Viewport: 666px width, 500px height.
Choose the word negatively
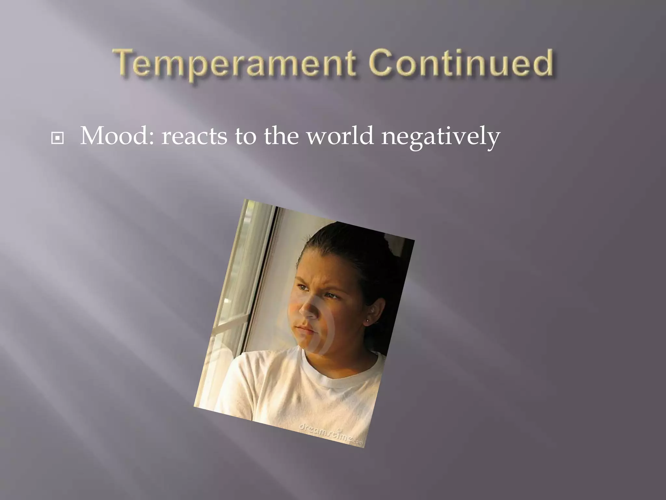[441, 137]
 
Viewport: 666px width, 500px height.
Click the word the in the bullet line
[281, 136]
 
